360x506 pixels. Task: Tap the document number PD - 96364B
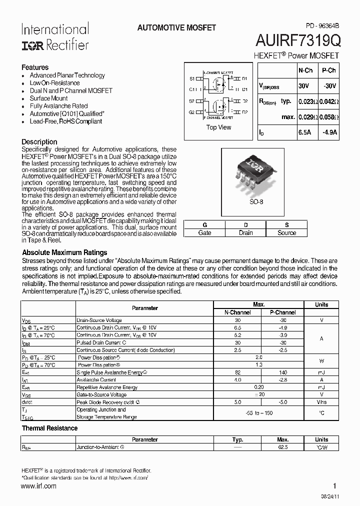tap(322, 25)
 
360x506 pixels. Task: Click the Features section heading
tap(35, 67)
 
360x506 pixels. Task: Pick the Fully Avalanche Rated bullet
tap(58, 106)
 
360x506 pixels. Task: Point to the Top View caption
tap(218, 127)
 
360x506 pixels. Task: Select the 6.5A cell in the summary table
tap(305, 132)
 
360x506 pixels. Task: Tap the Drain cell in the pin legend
tap(245, 232)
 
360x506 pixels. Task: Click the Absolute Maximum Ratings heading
tap(64, 252)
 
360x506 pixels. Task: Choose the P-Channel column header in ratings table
tap(282, 312)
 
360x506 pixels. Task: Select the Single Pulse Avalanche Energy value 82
tap(238, 372)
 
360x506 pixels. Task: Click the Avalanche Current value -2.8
tap(282, 380)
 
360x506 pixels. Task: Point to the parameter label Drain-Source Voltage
tap(99, 320)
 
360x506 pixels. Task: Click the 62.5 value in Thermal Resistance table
tap(282, 447)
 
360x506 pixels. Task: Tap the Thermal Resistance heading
tap(49, 428)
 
